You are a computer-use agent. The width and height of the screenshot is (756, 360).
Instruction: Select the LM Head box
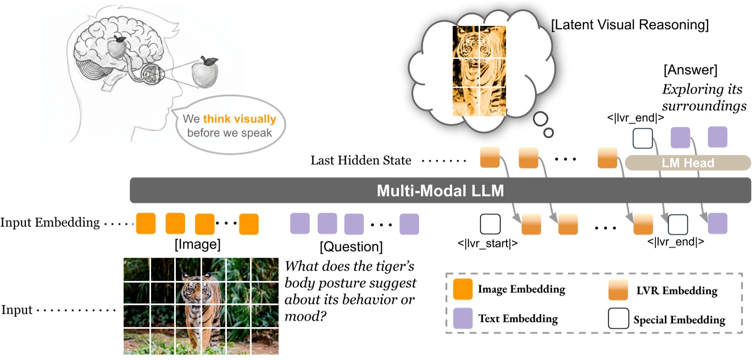click(x=688, y=163)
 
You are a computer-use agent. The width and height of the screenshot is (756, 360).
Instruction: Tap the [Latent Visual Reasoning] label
click(x=630, y=25)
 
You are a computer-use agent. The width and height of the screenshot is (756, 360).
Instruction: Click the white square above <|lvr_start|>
click(x=490, y=224)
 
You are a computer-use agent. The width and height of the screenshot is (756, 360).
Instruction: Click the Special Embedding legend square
click(x=618, y=319)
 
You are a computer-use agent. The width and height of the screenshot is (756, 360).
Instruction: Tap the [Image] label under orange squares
click(x=197, y=243)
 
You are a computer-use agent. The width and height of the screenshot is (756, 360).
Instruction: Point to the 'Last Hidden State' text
click(x=360, y=160)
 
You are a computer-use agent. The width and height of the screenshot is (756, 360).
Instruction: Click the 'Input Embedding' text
click(x=50, y=223)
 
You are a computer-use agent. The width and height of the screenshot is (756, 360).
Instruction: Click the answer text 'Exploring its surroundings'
click(x=704, y=97)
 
